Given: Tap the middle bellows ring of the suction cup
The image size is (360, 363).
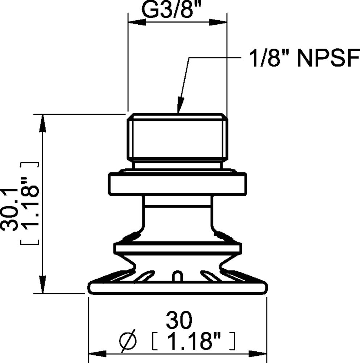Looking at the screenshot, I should pyautogui.click(x=177, y=249).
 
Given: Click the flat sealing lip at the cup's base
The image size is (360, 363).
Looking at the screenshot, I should pyautogui.click(x=177, y=289).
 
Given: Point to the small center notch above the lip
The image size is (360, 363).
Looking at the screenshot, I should pyautogui.click(x=177, y=277).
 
